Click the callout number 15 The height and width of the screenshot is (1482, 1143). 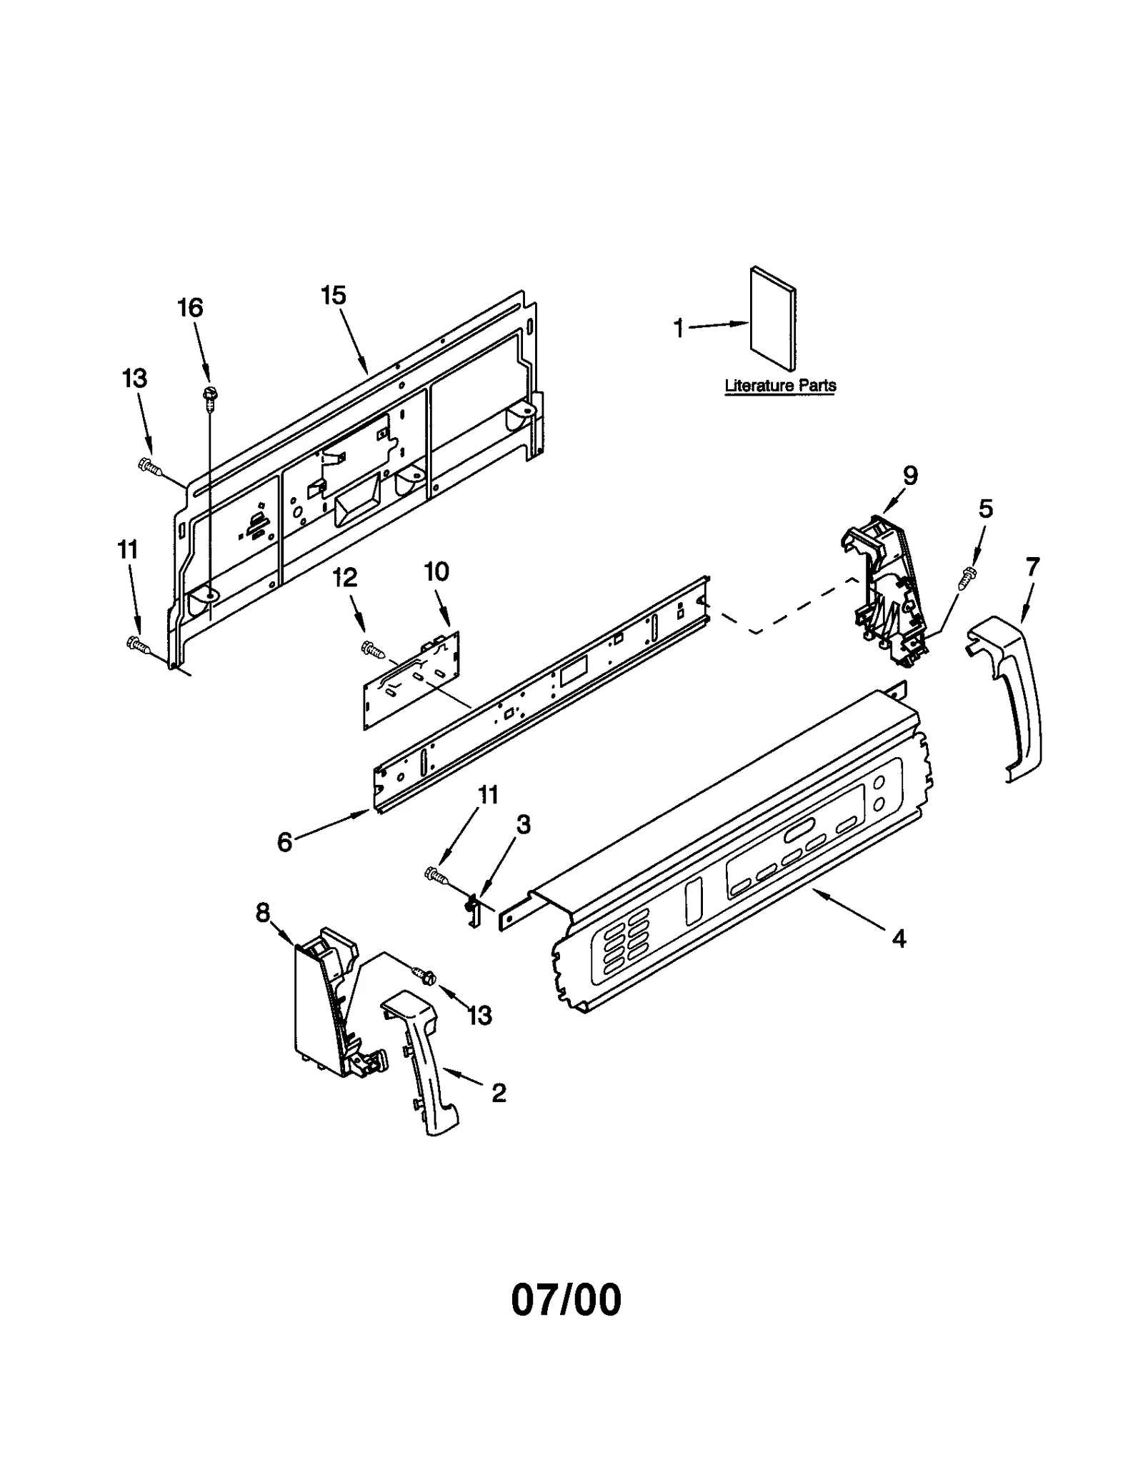click(333, 295)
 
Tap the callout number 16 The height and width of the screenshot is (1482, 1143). click(190, 308)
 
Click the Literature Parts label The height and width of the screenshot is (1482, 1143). click(780, 386)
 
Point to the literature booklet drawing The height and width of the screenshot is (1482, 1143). click(773, 319)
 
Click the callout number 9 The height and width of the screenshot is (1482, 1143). click(909, 476)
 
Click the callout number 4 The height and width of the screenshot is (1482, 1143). click(899, 938)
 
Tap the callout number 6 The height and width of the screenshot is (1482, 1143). click(284, 843)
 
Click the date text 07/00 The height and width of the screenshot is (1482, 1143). click(566, 1301)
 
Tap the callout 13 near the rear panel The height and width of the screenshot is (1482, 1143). click(134, 379)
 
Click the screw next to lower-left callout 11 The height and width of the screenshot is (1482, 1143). click(138, 644)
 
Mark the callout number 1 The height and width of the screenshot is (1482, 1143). click(679, 329)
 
